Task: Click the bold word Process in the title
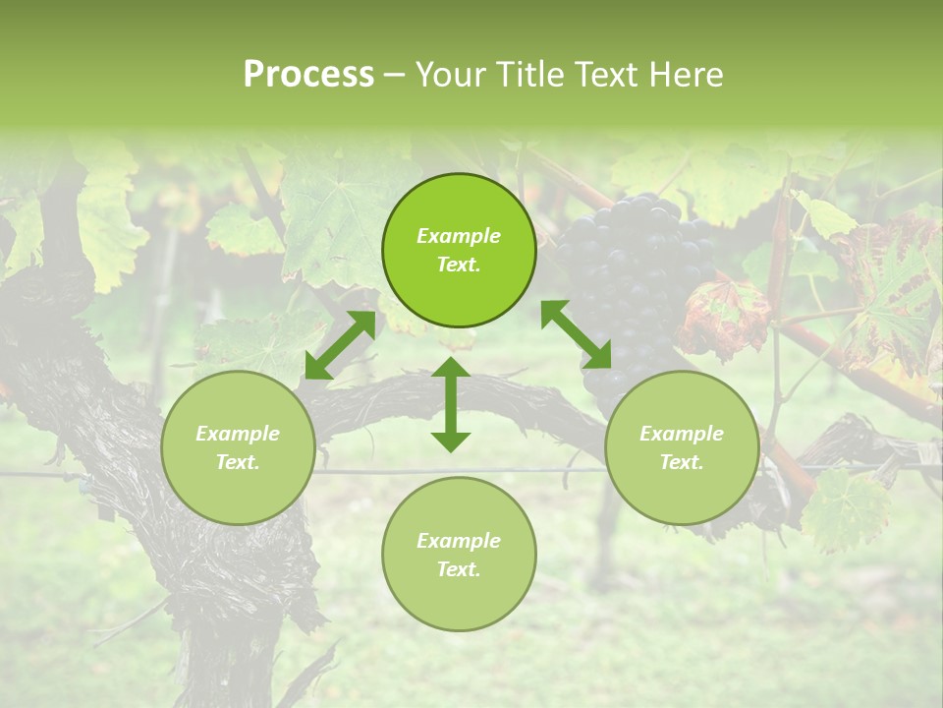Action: click(308, 74)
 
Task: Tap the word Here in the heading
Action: click(688, 74)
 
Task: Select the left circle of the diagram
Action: click(238, 447)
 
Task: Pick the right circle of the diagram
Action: click(682, 447)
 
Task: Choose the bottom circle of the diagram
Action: click(459, 555)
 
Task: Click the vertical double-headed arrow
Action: click(451, 404)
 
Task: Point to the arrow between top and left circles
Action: click(340, 344)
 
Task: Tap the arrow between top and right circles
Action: click(577, 334)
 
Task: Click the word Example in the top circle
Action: click(459, 236)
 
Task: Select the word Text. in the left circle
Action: click(238, 462)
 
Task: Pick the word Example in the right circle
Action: click(682, 434)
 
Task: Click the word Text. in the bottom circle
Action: click(459, 569)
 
